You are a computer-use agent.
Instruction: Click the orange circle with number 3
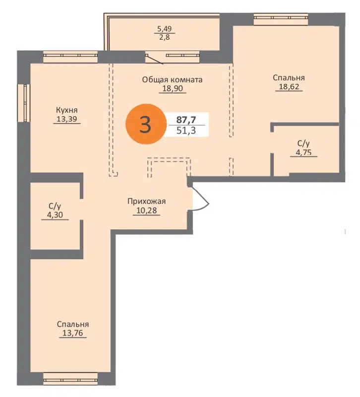pyautogui.click(x=145, y=125)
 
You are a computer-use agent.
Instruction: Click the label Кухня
pyautogui.click(x=67, y=110)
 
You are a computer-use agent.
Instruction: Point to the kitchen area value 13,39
pyautogui.click(x=67, y=119)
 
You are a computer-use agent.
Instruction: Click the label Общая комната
pyautogui.click(x=172, y=79)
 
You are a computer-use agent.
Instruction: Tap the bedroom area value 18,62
pyautogui.click(x=289, y=87)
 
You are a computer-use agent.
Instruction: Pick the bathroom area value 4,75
pyautogui.click(x=302, y=152)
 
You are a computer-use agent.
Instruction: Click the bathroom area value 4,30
pyautogui.click(x=55, y=215)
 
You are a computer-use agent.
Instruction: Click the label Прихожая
pyautogui.click(x=146, y=201)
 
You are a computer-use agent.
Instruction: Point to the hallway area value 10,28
pyautogui.click(x=146, y=210)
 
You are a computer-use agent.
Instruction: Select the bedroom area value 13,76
pyautogui.click(x=72, y=333)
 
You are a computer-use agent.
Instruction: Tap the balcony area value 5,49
pyautogui.click(x=164, y=29)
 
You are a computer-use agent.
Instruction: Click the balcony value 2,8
pyautogui.click(x=164, y=37)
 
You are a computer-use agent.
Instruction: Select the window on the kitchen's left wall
pyautogui.click(x=22, y=103)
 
